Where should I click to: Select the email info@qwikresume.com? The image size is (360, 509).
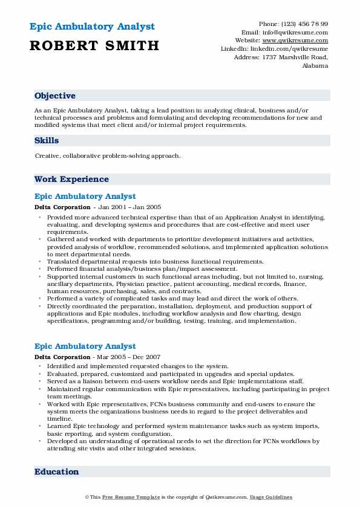(293, 32)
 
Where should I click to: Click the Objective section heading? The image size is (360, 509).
(55, 96)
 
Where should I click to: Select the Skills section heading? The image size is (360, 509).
(47, 141)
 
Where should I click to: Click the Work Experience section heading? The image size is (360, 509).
(71, 180)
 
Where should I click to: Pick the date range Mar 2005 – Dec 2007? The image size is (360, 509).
(131, 357)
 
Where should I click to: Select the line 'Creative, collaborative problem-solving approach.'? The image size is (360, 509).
(108, 156)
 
